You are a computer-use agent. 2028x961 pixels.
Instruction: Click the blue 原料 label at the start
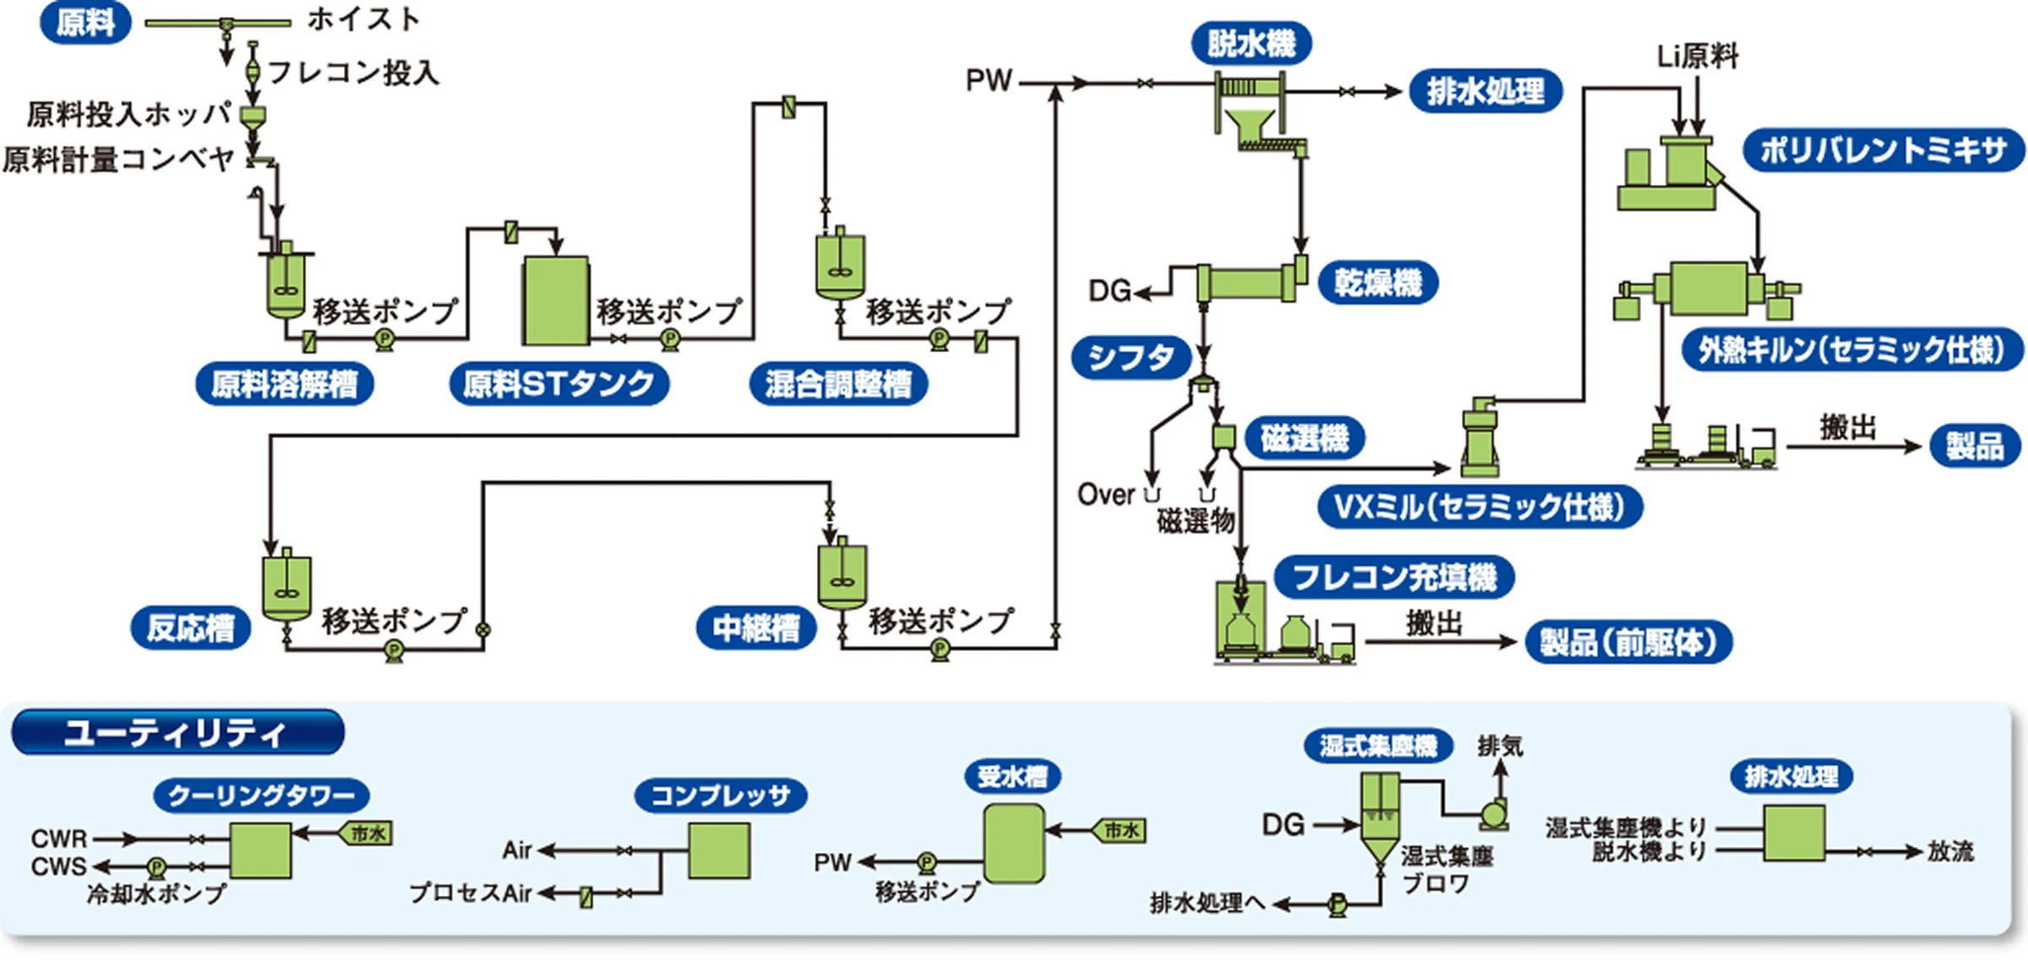pyautogui.click(x=85, y=23)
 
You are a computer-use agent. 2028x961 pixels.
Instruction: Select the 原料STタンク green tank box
pyautogui.click(x=555, y=301)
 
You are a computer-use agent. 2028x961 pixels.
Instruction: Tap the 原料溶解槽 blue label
pyautogui.click(x=284, y=385)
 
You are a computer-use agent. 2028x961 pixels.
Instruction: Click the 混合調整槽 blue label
pyautogui.click(x=838, y=385)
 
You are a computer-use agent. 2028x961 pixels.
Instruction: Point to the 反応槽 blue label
pyautogui.click(x=190, y=628)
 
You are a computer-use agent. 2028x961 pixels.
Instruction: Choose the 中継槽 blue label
pyautogui.click(x=755, y=628)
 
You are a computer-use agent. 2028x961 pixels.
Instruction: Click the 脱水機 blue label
pyautogui.click(x=1251, y=44)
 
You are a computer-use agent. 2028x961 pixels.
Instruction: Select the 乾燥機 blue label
pyautogui.click(x=1377, y=283)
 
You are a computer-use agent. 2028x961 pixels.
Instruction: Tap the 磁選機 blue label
pyautogui.click(x=1304, y=438)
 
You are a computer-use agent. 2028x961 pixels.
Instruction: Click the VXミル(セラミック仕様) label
pyautogui.click(x=1479, y=508)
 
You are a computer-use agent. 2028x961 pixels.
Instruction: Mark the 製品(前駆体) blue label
pyautogui.click(x=1628, y=643)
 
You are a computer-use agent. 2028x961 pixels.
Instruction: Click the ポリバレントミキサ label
pyautogui.click(x=1883, y=151)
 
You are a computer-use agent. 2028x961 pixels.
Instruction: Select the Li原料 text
pyautogui.click(x=1697, y=57)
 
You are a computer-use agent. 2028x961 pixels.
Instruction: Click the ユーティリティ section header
pyautogui.click(x=177, y=732)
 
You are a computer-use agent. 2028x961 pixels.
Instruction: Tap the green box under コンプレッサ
pyautogui.click(x=718, y=851)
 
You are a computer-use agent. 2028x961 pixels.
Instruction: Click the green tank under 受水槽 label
pyautogui.click(x=1013, y=844)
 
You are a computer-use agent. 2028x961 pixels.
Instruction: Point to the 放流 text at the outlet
pyautogui.click(x=1950, y=852)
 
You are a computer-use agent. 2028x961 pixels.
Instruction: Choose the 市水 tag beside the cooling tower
pyautogui.click(x=367, y=833)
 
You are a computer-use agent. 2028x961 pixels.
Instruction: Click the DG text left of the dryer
pyautogui.click(x=1109, y=291)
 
